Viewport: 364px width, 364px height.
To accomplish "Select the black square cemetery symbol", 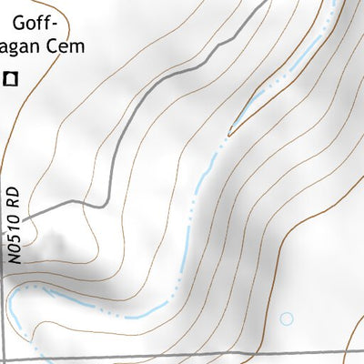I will [x=10, y=79].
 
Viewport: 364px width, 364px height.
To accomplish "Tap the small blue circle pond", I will [x=287, y=318].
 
